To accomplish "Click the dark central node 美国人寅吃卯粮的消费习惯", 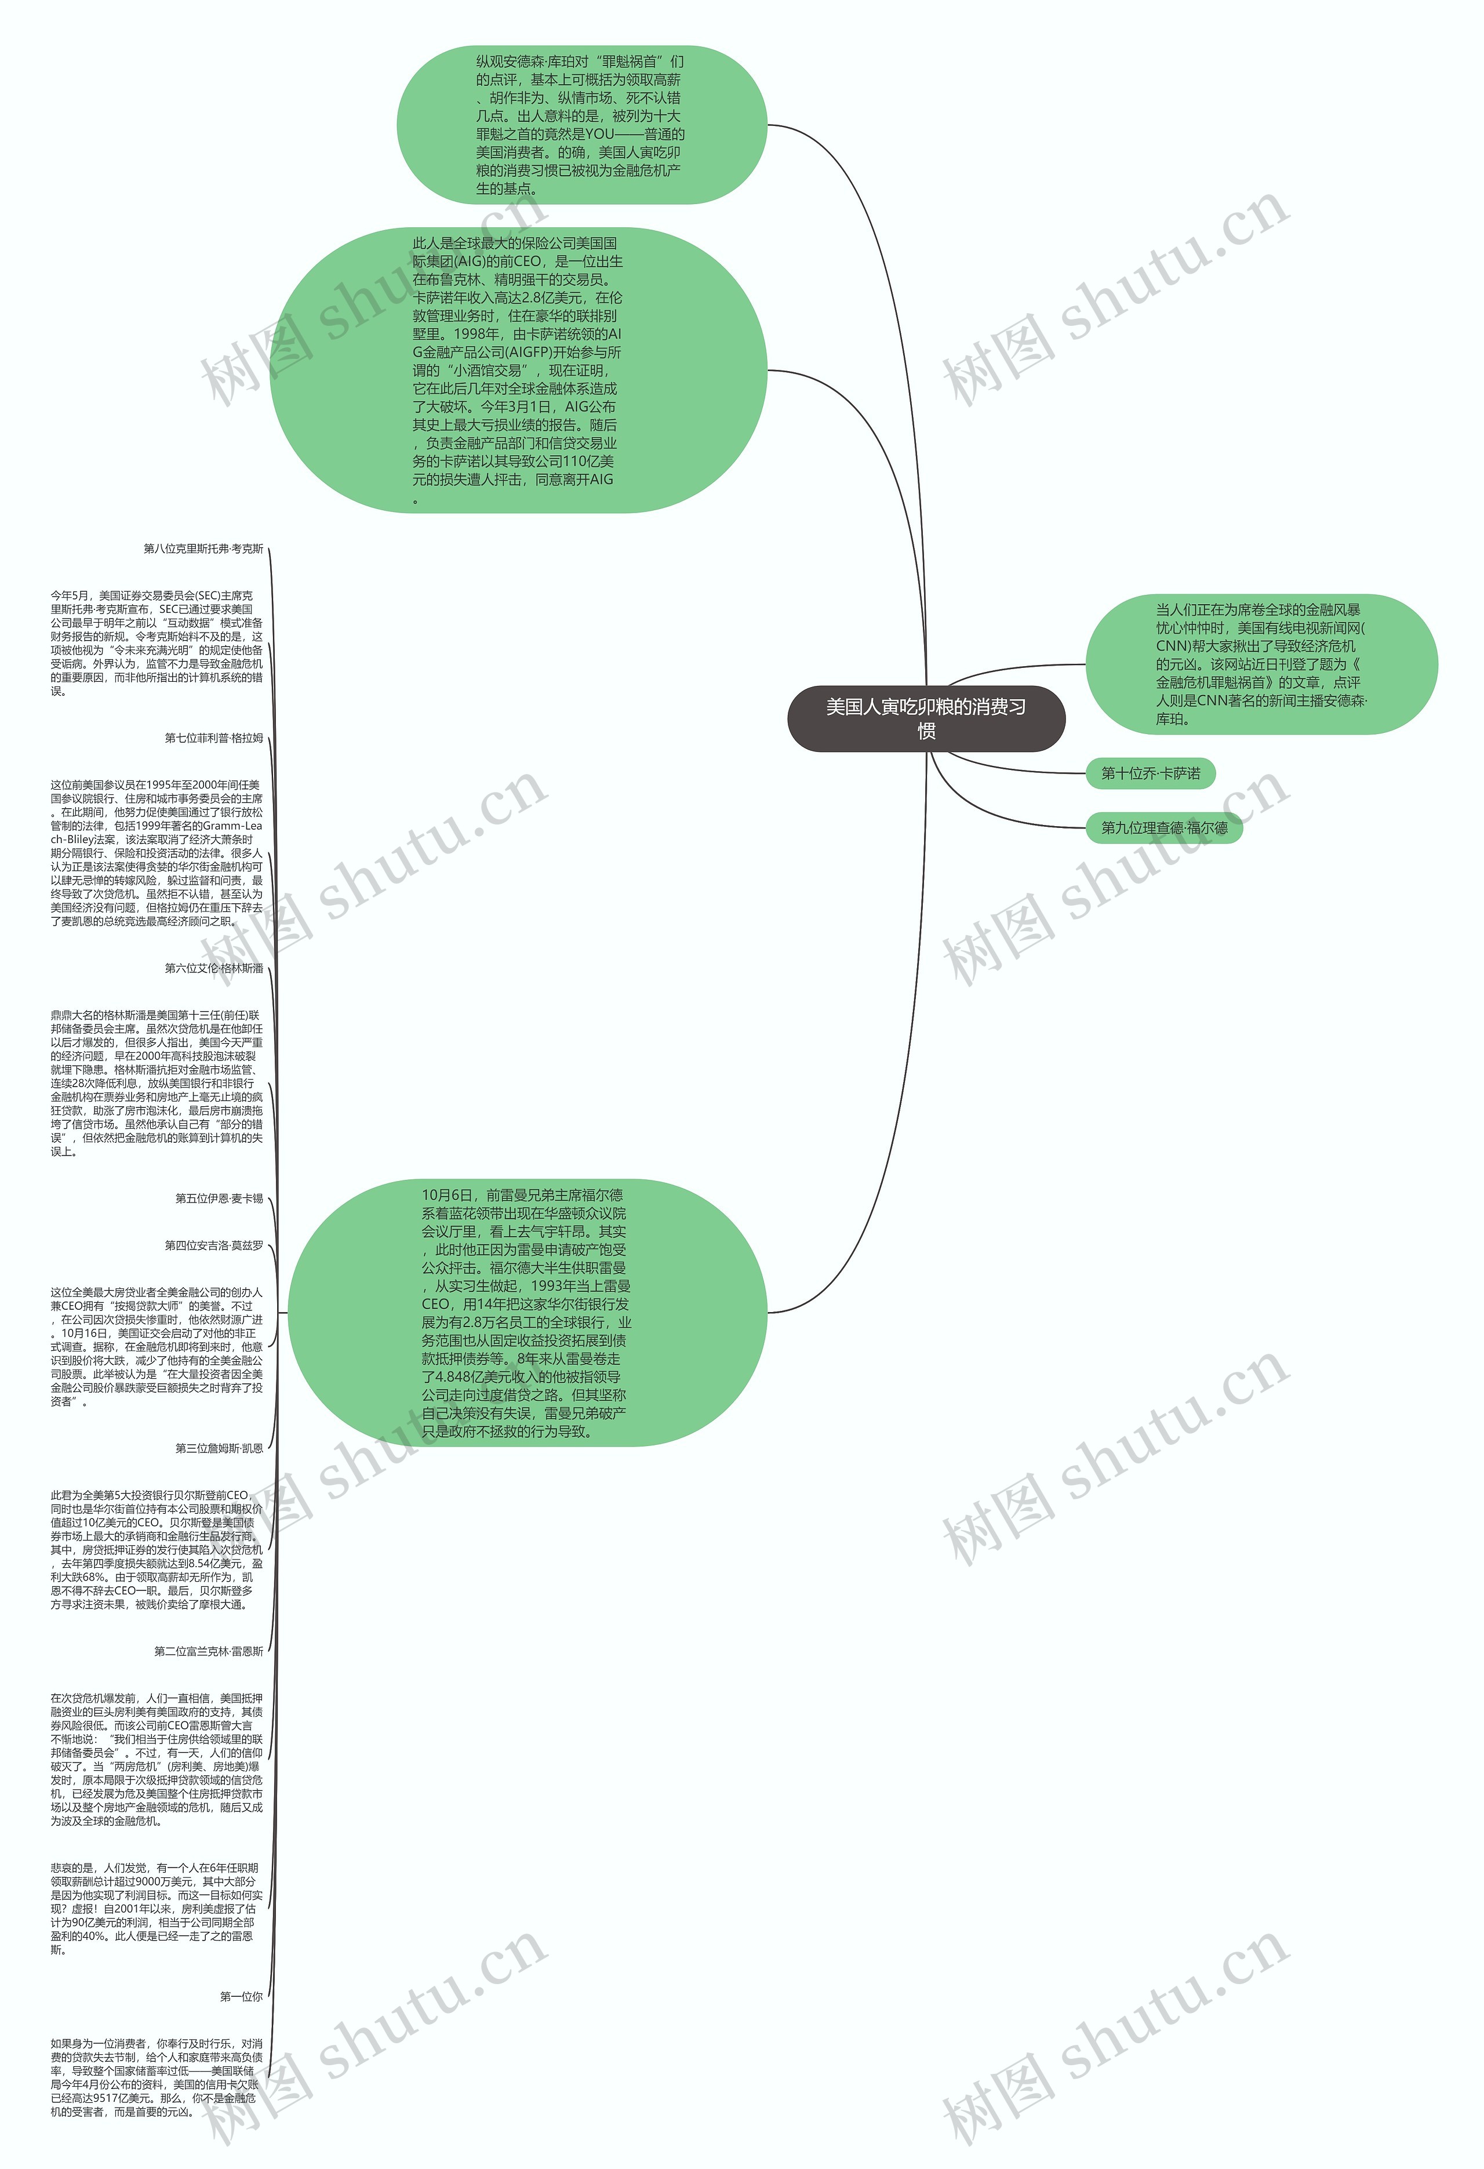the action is (926, 718).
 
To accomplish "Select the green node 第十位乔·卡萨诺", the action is (1150, 773).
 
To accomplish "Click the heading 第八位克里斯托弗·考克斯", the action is (203, 549).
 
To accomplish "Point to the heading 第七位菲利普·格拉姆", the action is (214, 738).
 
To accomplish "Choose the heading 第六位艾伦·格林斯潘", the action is (214, 969).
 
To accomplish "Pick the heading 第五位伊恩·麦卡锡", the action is (219, 1198).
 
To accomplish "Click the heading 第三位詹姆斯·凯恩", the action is (219, 1448).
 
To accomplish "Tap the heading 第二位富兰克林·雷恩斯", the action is (209, 1651).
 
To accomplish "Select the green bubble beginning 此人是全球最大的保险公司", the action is (519, 370).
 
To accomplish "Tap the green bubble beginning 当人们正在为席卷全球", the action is (1260, 664).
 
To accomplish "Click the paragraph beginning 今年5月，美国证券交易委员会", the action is (157, 643).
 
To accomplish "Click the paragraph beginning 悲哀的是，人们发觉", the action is (157, 1909).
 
